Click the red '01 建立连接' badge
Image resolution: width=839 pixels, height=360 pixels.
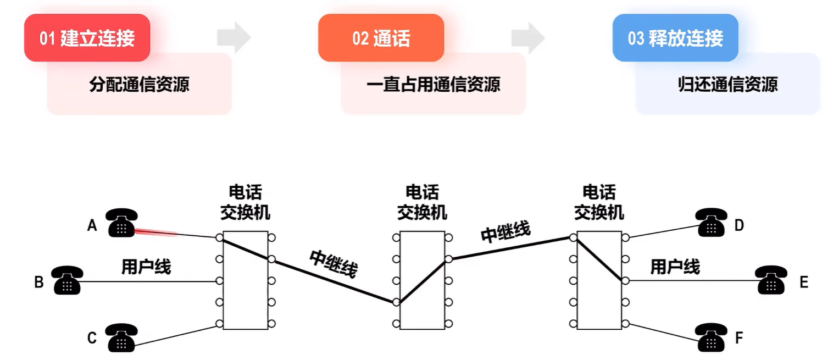point(87,38)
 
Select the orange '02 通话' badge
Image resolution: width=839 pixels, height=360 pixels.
point(381,38)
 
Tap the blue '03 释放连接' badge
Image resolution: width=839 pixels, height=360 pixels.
point(675,38)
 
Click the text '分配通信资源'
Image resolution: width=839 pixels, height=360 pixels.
point(140,84)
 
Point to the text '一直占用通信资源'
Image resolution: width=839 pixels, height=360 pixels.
point(434,84)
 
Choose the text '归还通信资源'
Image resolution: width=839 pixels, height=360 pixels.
point(728,84)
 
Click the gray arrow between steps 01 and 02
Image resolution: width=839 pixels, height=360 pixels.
point(234,37)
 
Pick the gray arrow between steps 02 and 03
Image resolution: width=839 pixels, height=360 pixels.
point(528,37)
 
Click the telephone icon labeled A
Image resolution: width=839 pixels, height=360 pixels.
point(121,223)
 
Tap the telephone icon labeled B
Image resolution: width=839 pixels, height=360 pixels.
point(67,280)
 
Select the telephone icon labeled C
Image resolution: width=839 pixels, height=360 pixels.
point(121,338)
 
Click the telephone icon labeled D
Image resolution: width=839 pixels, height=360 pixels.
point(711,223)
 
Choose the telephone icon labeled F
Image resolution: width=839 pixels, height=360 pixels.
point(711,337)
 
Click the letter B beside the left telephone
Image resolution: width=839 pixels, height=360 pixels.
point(39,282)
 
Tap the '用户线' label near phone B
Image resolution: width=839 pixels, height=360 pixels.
point(146,267)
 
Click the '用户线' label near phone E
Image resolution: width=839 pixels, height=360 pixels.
point(675,267)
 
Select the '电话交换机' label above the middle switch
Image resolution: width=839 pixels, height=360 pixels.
point(422,203)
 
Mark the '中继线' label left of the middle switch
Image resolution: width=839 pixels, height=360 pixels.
point(334,264)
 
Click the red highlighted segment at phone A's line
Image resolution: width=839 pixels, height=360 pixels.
point(155,232)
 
